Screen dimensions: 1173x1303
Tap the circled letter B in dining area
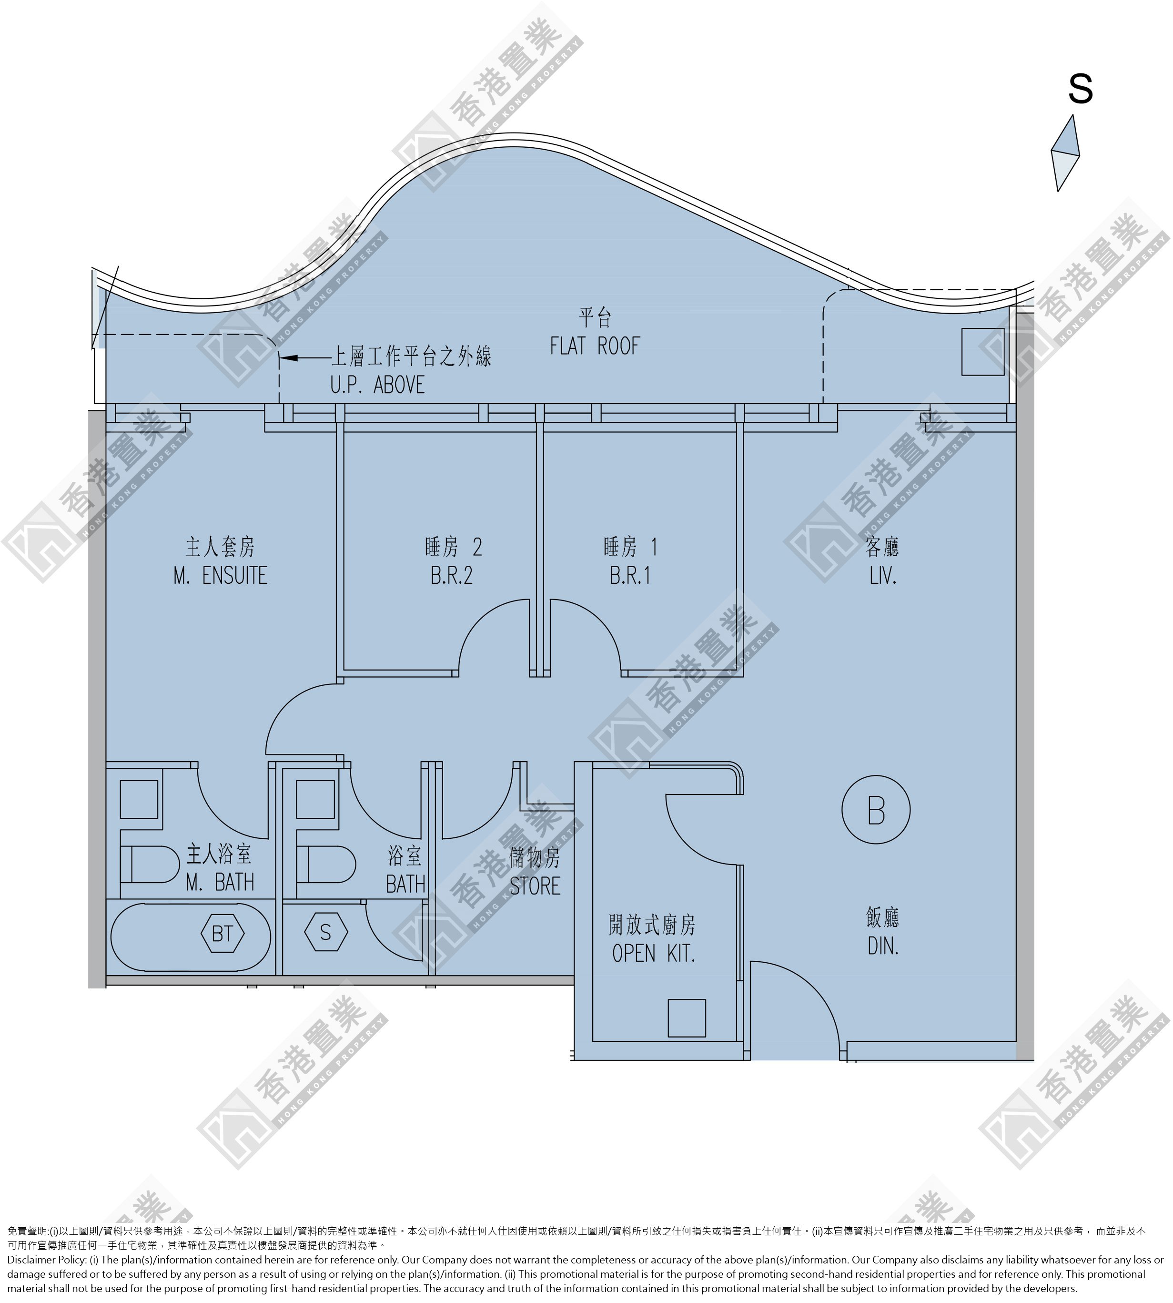(876, 810)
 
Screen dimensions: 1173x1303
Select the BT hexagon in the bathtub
(222, 934)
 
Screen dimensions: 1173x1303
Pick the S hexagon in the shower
(325, 932)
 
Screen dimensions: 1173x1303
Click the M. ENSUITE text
(221, 575)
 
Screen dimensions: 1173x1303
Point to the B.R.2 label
(452, 575)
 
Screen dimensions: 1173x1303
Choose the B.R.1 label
(630, 575)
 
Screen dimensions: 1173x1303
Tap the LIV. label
(883, 575)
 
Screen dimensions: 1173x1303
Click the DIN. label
(883, 947)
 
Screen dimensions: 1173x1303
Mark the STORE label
(535, 886)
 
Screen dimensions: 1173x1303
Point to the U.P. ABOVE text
(378, 385)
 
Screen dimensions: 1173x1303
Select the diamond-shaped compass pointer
(1065, 153)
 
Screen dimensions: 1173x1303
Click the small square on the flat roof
(983, 351)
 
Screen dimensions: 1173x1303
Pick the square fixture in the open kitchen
(687, 1018)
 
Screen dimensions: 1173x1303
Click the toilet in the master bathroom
(150, 865)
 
